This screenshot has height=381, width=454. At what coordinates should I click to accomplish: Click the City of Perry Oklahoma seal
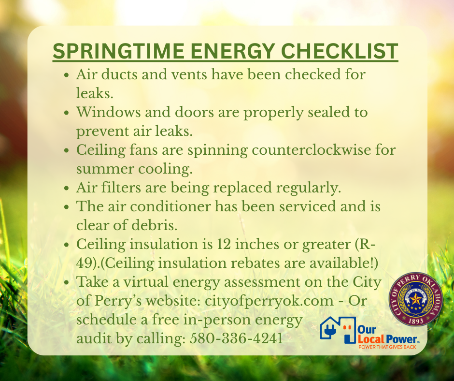pos(415,299)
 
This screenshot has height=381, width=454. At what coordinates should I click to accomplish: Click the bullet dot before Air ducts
pos(67,75)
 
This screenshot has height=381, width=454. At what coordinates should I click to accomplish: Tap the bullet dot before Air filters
pos(67,189)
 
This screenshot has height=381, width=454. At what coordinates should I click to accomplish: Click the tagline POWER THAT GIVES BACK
pos(387,347)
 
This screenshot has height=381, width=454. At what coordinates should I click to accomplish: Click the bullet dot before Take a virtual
pos(67,282)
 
